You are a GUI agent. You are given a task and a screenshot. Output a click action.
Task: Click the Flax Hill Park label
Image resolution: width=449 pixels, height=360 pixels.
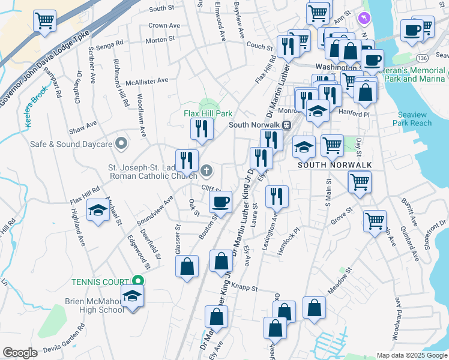tap(208, 113)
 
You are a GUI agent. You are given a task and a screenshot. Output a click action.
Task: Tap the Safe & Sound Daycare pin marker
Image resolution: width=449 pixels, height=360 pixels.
tap(122, 143)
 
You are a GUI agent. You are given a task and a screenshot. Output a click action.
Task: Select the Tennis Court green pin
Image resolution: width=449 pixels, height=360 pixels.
tap(137, 281)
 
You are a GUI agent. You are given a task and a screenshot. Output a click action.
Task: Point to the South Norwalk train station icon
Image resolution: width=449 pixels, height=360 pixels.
tap(286, 125)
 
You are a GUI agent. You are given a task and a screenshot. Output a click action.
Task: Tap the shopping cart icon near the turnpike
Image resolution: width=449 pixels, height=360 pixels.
tap(44, 21)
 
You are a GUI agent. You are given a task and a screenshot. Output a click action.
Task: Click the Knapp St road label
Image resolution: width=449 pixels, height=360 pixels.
tap(244, 288)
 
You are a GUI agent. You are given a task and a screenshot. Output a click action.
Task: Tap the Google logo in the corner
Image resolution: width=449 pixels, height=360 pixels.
tap(20, 353)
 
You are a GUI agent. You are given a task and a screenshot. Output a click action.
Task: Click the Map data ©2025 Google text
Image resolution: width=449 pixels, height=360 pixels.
tap(411, 355)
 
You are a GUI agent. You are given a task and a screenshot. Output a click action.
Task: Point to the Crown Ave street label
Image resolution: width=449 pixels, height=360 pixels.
tap(164, 26)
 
